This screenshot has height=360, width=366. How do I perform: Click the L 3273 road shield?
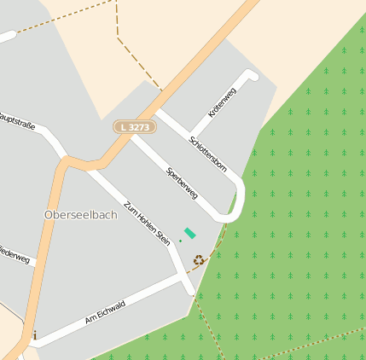(134, 126)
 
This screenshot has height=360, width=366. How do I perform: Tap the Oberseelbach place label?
(80, 215)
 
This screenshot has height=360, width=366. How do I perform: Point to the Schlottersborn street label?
(209, 153)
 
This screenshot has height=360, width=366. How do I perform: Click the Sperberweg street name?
(182, 182)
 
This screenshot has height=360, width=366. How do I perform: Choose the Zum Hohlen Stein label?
(147, 224)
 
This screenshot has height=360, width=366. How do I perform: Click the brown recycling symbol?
(199, 260)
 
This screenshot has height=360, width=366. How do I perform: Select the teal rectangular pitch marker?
(189, 232)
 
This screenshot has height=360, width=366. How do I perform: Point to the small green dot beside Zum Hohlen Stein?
(180, 241)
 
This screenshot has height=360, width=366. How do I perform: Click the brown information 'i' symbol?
(34, 335)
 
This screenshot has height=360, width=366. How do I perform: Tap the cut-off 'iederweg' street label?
(15, 254)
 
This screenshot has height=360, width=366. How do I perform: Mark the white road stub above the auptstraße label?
(7, 37)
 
